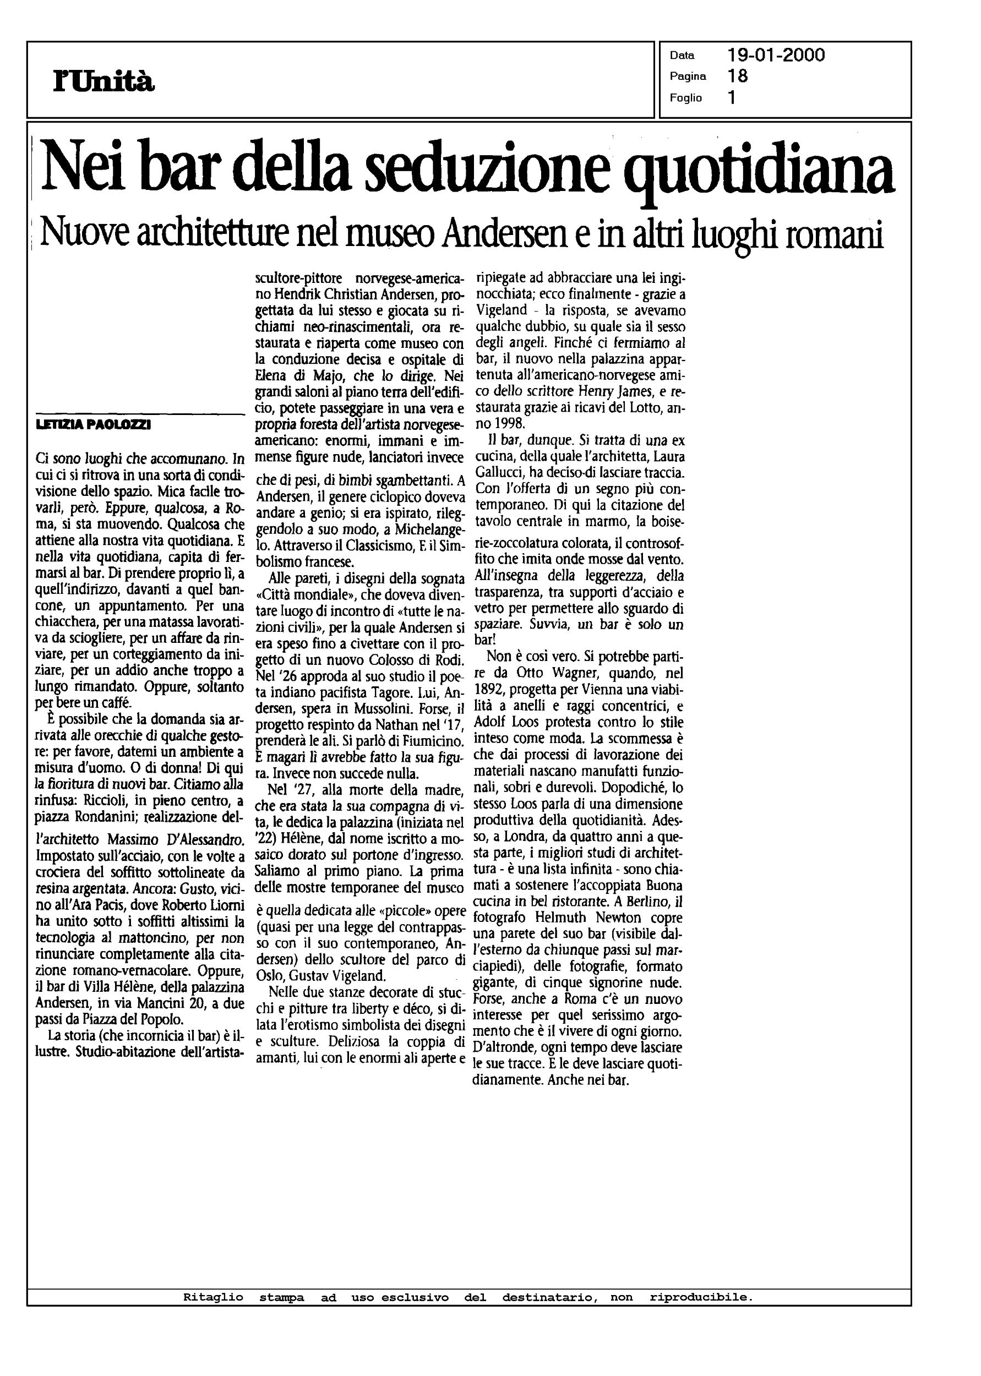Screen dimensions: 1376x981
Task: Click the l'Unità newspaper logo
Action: (105, 80)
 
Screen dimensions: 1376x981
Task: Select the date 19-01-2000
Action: (776, 56)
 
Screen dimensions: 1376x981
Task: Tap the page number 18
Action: (738, 76)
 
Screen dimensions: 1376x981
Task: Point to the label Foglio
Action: (685, 98)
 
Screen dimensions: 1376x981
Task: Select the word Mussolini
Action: (368, 708)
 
